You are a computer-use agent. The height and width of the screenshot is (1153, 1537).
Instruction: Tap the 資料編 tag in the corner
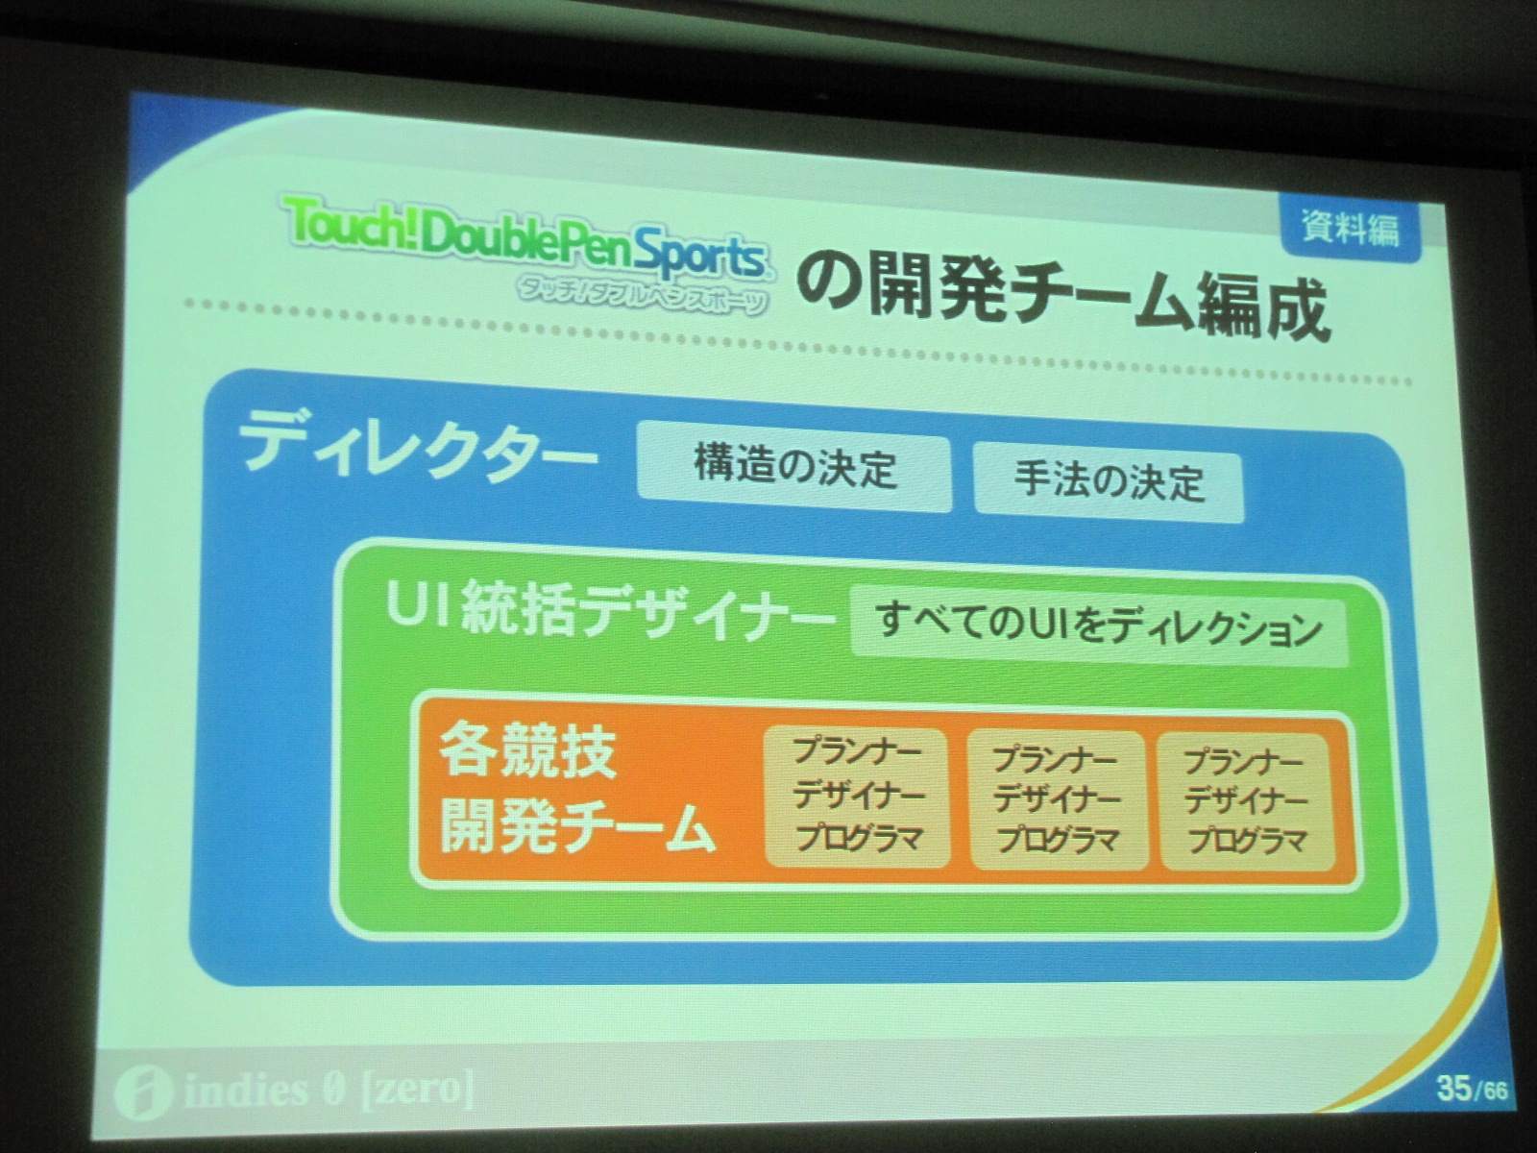(x=1351, y=229)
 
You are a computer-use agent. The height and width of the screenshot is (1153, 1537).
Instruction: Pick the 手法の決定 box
(x=1110, y=479)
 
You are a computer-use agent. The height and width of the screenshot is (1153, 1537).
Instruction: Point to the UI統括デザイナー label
(x=608, y=611)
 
